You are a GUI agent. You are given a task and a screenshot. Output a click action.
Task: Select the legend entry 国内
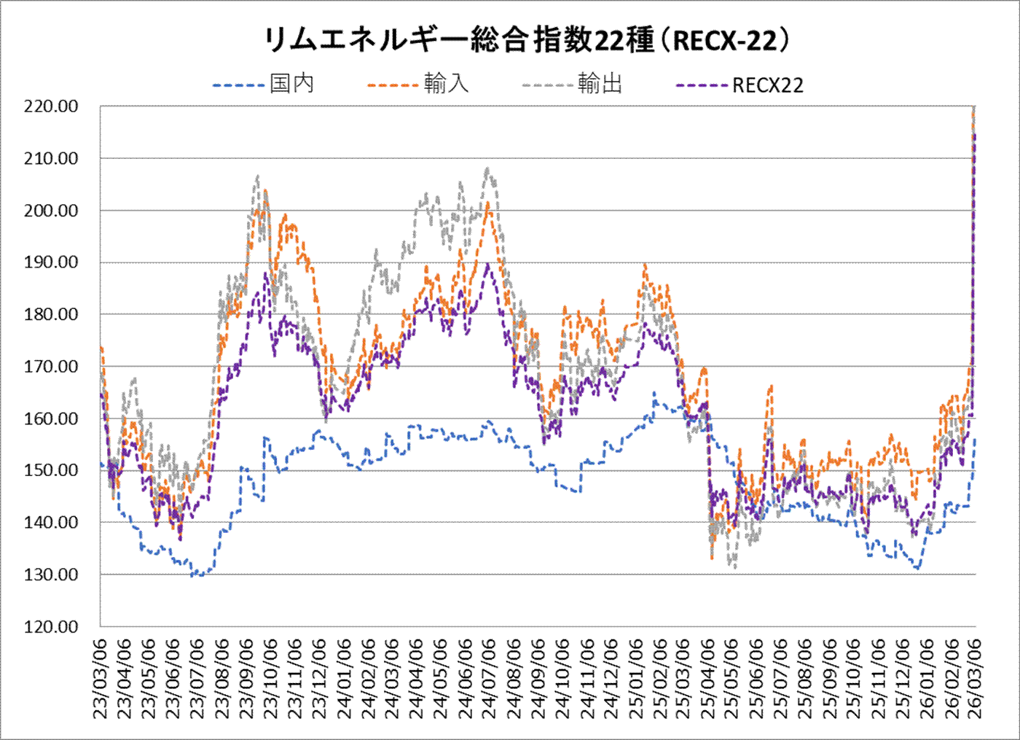point(291,84)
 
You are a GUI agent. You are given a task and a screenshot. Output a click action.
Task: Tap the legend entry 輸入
point(446,84)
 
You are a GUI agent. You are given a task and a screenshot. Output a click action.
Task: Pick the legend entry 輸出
point(600,84)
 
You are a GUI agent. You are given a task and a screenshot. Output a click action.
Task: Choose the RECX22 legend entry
point(767,85)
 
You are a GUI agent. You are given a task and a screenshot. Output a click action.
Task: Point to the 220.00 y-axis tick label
point(51,106)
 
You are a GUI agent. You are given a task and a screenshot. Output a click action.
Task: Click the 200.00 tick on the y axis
point(51,211)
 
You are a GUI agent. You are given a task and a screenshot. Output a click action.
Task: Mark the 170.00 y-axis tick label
point(51,367)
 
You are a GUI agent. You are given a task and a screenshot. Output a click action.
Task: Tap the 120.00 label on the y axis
point(51,627)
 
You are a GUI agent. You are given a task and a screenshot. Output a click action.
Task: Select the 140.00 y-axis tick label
point(51,523)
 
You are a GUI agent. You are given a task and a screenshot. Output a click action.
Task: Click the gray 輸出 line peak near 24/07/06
point(487,169)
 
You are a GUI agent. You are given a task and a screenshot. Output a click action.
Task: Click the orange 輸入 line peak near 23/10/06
point(265,191)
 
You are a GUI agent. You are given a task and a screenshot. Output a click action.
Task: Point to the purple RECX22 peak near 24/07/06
point(488,264)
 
